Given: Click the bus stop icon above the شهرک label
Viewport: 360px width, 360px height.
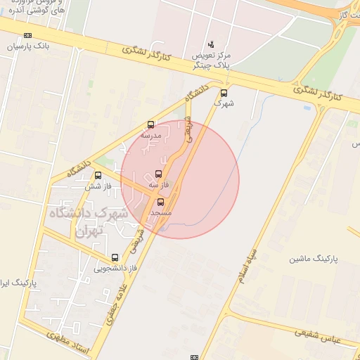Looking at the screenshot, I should coord(224,93).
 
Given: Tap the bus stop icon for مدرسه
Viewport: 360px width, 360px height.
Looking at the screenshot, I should coord(150,124).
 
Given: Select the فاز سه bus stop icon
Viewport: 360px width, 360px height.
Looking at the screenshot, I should coord(157,174).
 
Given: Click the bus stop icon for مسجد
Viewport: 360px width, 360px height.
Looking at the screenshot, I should coord(160,202).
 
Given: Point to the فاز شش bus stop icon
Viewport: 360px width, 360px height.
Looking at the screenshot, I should coord(97,176).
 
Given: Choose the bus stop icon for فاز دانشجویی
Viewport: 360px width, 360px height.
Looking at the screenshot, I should coord(115,257).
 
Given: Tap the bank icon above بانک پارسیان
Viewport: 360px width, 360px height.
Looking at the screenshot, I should coord(27,35).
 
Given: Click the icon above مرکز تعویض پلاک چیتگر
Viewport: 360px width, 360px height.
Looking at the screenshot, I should coord(212,44).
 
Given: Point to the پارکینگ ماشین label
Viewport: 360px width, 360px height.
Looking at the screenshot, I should coord(313,259).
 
